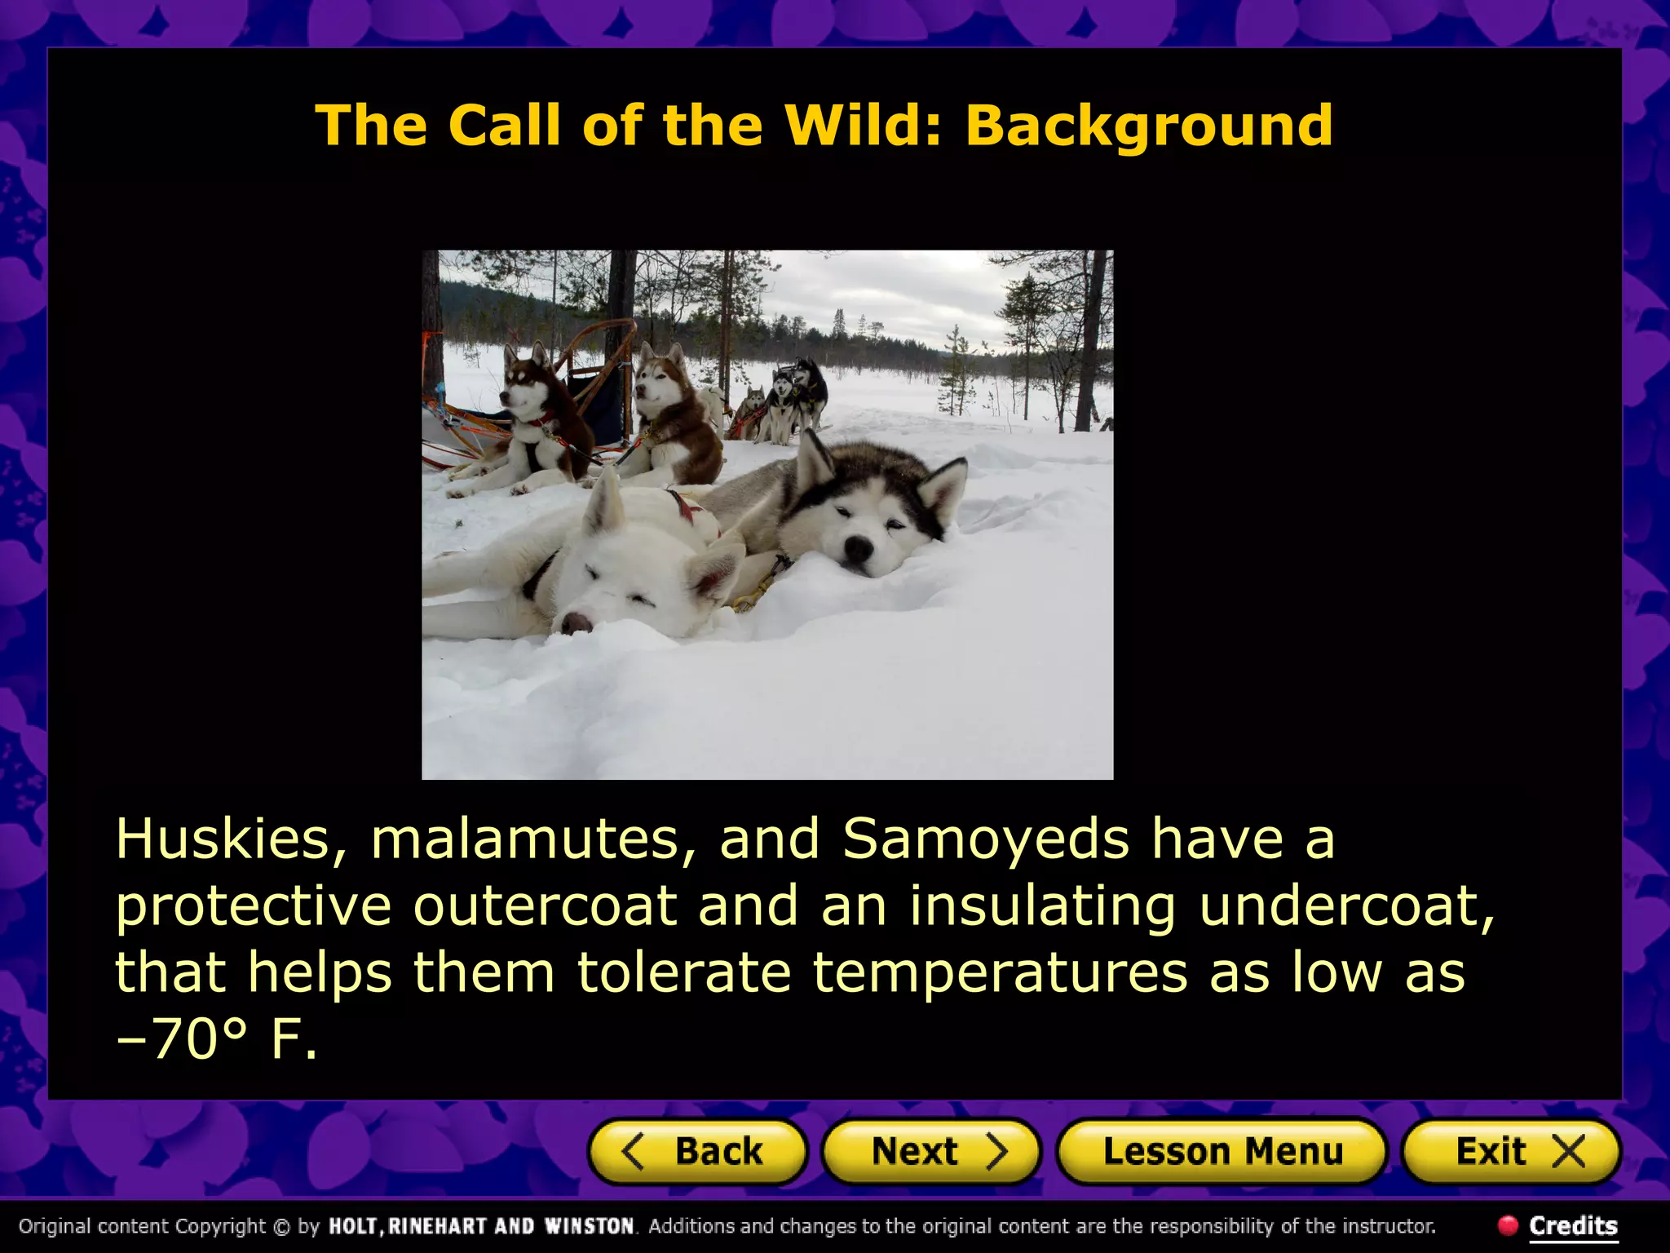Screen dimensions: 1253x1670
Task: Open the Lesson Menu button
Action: point(1222,1152)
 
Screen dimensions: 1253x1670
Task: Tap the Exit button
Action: point(1511,1152)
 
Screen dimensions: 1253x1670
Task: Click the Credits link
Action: point(1572,1226)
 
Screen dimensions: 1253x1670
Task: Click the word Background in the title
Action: point(1149,126)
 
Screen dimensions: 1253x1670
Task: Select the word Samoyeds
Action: point(985,840)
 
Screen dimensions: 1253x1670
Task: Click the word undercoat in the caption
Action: point(1345,907)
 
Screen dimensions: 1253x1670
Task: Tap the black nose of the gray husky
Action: point(857,550)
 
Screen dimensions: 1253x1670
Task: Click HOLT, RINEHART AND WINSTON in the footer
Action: point(481,1226)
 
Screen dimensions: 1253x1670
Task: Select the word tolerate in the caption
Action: point(683,973)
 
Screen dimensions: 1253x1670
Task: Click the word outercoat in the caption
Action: point(545,907)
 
